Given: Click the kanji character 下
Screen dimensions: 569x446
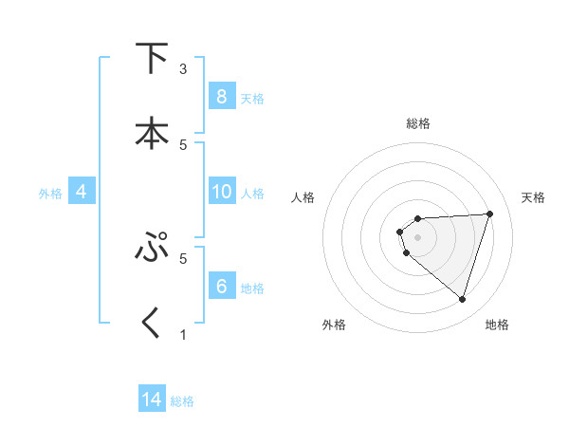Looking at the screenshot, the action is [152, 59].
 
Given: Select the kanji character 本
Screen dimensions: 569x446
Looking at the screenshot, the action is [152, 132].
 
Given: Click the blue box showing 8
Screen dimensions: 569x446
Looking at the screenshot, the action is [221, 97].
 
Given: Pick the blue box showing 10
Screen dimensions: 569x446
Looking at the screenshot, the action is [221, 193].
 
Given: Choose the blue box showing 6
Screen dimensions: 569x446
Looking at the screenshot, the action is [221, 287].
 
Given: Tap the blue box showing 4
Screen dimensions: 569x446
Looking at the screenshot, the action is [81, 193].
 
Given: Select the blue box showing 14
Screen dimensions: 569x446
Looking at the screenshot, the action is [152, 400].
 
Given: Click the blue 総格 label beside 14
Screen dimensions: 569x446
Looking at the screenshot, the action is [182, 401].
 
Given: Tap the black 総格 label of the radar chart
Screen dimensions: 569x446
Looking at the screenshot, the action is [418, 123].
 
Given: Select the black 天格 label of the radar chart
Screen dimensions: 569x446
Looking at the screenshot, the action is [534, 197].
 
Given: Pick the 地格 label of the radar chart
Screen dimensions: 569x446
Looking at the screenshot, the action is [497, 325].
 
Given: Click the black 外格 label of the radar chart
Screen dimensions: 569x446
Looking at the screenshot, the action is [334, 325].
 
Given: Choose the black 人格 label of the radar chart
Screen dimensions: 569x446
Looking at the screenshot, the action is [303, 197].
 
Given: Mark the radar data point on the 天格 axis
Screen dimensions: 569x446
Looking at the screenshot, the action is [489, 214].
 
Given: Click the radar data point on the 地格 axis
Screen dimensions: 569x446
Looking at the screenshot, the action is [462, 299].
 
